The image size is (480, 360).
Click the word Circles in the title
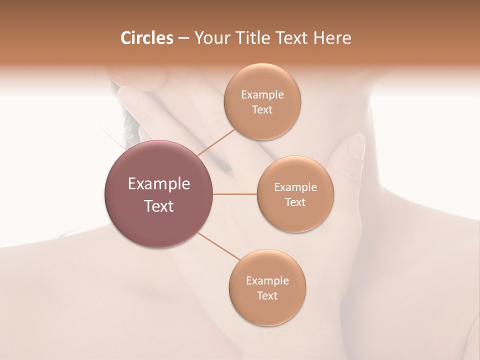(x=146, y=38)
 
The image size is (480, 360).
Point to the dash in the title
(x=183, y=38)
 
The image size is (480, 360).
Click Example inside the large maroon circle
(x=159, y=184)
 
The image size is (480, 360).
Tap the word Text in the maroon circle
(x=159, y=206)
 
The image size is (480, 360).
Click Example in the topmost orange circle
(x=262, y=95)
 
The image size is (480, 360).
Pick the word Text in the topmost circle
(x=262, y=110)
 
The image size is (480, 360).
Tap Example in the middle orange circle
(x=295, y=187)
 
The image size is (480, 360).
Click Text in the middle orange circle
(x=295, y=202)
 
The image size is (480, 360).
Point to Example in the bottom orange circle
(x=267, y=281)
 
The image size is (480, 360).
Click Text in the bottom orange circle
(x=267, y=296)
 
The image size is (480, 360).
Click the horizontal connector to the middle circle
(x=235, y=194)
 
